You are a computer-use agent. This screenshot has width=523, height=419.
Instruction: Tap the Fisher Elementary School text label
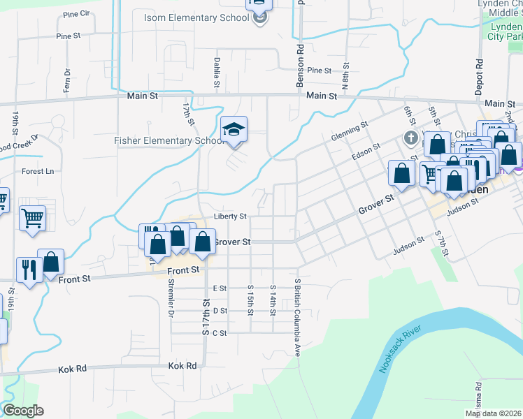point(169,140)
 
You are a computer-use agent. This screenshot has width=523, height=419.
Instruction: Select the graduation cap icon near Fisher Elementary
point(234,129)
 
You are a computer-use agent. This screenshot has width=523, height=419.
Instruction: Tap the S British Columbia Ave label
point(297,313)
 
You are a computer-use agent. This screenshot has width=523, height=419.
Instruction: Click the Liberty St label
point(231,216)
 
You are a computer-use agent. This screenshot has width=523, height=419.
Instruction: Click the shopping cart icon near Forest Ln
point(32,219)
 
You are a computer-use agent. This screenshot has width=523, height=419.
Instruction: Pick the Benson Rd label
point(300,66)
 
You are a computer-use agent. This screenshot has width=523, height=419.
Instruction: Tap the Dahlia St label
point(217,73)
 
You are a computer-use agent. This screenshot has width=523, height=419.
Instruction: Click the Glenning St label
point(350,131)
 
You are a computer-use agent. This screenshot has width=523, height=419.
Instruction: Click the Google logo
point(23,411)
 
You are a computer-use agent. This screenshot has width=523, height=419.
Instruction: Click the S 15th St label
point(250,299)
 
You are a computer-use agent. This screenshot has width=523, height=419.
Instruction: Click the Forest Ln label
point(38,171)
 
